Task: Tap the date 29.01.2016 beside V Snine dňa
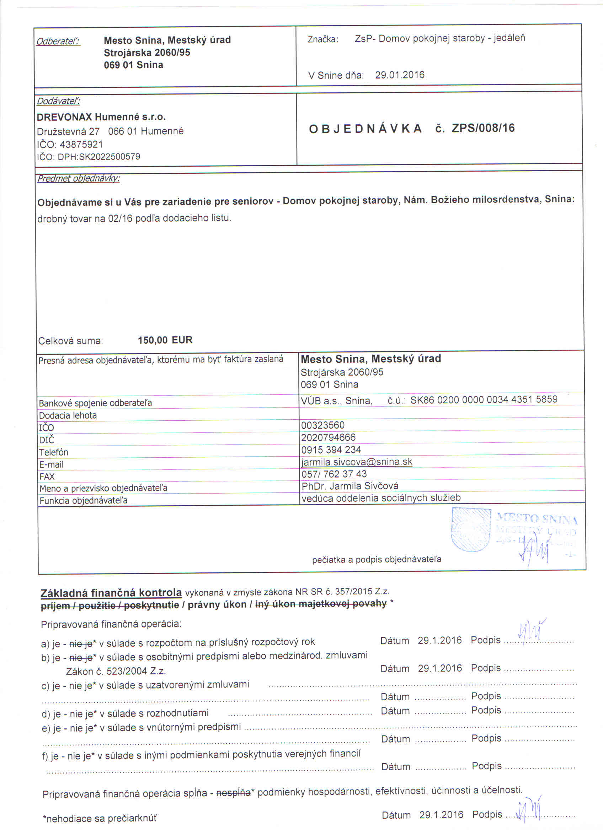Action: [x=399, y=75]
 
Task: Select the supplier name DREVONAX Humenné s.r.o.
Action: [x=101, y=117]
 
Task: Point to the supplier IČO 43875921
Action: [x=81, y=145]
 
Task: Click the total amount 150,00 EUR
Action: [x=165, y=340]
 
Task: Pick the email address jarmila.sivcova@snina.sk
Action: [x=357, y=462]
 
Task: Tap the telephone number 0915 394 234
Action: [x=331, y=450]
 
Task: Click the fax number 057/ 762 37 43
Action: [x=334, y=474]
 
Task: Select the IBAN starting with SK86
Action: [x=484, y=400]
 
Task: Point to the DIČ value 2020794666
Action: [x=328, y=438]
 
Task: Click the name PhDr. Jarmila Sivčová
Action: [x=349, y=486]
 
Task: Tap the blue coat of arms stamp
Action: [x=471, y=530]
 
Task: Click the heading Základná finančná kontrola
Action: [x=111, y=593]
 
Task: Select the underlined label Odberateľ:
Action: [x=58, y=41]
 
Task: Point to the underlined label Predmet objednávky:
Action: [x=78, y=179]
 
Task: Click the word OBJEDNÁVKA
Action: [x=365, y=129]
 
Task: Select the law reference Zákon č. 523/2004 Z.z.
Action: [x=116, y=672]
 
